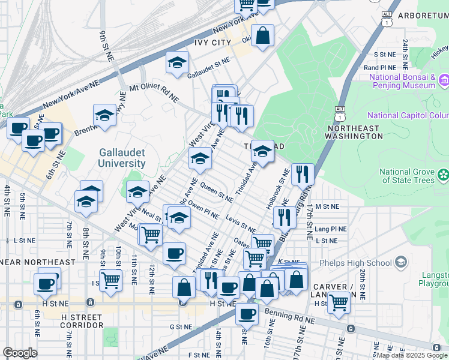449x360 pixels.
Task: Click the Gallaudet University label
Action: click(122, 158)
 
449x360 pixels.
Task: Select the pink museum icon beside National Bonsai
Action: click(444, 80)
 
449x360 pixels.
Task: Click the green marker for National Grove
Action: click(443, 175)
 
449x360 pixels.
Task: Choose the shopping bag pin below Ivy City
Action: click(263, 36)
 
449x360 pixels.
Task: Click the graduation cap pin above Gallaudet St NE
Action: click(177, 62)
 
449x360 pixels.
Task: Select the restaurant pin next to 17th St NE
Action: click(303, 174)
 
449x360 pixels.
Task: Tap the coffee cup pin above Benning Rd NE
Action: click(246, 313)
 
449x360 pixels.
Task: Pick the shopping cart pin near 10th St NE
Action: click(111, 279)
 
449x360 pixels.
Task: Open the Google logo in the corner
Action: click(19, 353)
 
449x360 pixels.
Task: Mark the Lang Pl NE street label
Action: click(331, 229)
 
